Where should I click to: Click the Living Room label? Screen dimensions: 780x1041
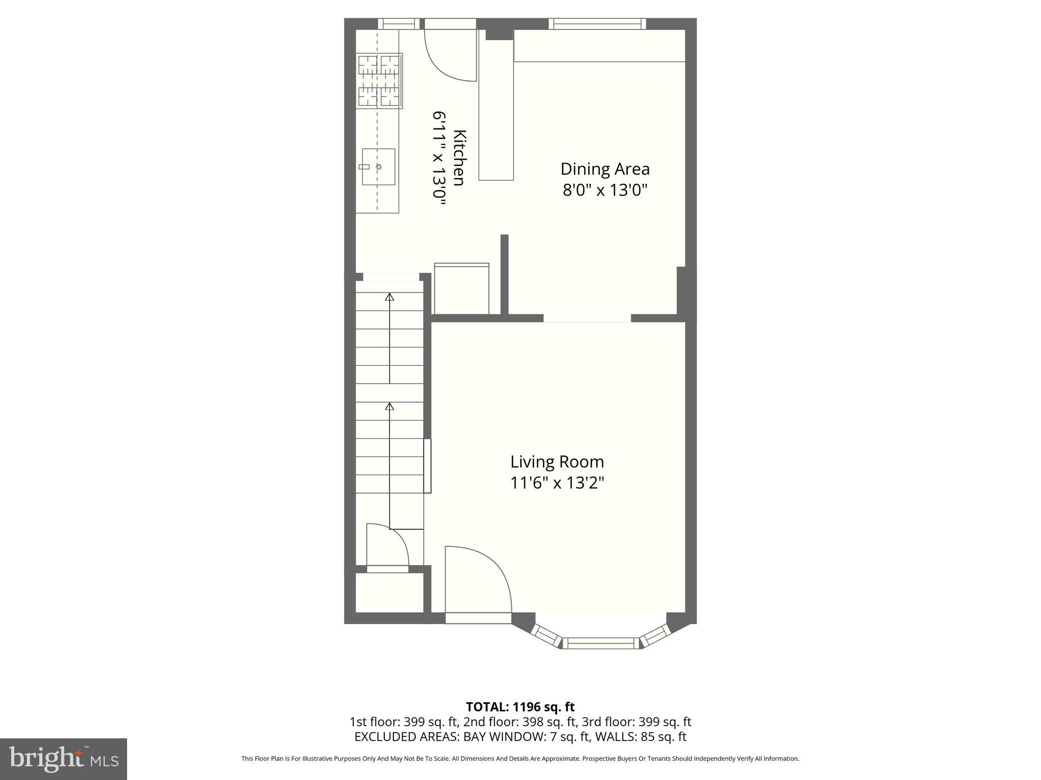pyautogui.click(x=557, y=462)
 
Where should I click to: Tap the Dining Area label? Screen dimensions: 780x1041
pyautogui.click(x=605, y=169)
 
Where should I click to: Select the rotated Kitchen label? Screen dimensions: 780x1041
pyautogui.click(x=460, y=158)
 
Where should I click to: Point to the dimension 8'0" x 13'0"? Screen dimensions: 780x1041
pyautogui.click(x=605, y=190)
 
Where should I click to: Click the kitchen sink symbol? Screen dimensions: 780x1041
pyautogui.click(x=378, y=167)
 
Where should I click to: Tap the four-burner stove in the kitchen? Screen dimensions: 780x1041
pyautogui.click(x=379, y=81)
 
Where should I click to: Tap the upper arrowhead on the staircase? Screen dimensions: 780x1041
pyautogui.click(x=390, y=297)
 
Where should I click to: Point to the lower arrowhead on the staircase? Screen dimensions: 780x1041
pyautogui.click(x=390, y=407)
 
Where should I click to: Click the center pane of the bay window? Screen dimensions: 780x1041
pyautogui.click(x=601, y=643)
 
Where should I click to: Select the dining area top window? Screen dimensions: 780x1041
pyautogui.click(x=597, y=23)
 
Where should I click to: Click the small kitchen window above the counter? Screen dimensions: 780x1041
pyautogui.click(x=399, y=23)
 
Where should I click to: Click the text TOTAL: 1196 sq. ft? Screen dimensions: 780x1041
pyautogui.click(x=520, y=707)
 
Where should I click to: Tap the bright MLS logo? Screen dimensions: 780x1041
pyautogui.click(x=63, y=759)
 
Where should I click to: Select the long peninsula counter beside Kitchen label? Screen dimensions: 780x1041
pyautogui.click(x=496, y=109)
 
